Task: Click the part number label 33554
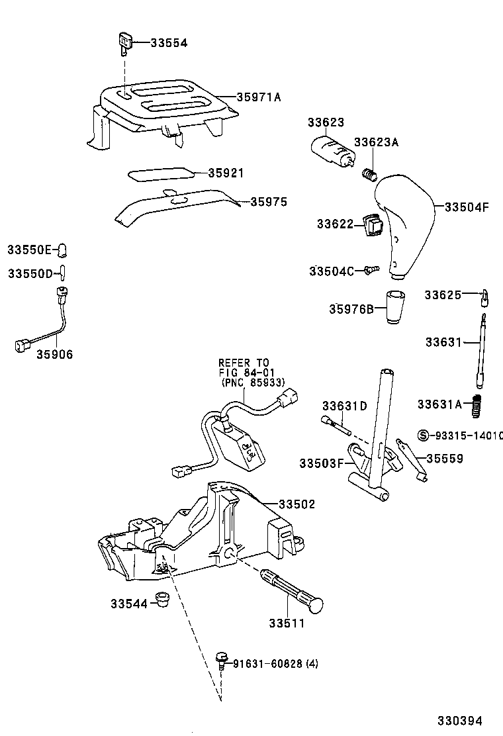(169, 43)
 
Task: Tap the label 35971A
(259, 97)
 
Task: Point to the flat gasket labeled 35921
(161, 173)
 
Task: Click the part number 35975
(269, 202)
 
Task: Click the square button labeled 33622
(373, 226)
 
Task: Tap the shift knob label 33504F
(466, 207)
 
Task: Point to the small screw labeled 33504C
(372, 269)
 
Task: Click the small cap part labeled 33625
(484, 299)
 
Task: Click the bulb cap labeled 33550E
(64, 250)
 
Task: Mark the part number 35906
(54, 355)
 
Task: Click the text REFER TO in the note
(244, 363)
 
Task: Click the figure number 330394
(458, 720)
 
